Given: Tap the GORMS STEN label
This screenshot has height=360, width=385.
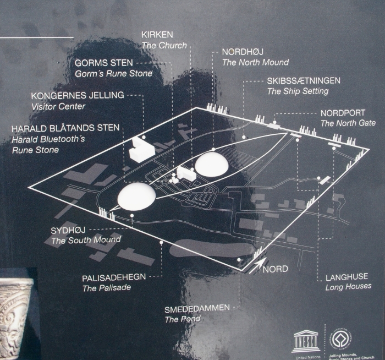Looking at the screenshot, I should point(108,63).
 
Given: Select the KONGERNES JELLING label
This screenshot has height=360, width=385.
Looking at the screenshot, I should point(78,95).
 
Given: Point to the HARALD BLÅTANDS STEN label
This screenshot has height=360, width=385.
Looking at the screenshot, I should point(65,128).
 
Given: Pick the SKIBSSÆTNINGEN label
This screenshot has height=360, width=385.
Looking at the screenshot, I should point(304,80).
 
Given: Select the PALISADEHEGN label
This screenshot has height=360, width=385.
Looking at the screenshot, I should point(114,277).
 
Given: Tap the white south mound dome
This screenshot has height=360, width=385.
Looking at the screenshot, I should point(135,196).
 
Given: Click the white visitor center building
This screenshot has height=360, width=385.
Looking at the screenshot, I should point(140,150).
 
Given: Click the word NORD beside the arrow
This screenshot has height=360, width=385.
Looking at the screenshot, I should point(275,269).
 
